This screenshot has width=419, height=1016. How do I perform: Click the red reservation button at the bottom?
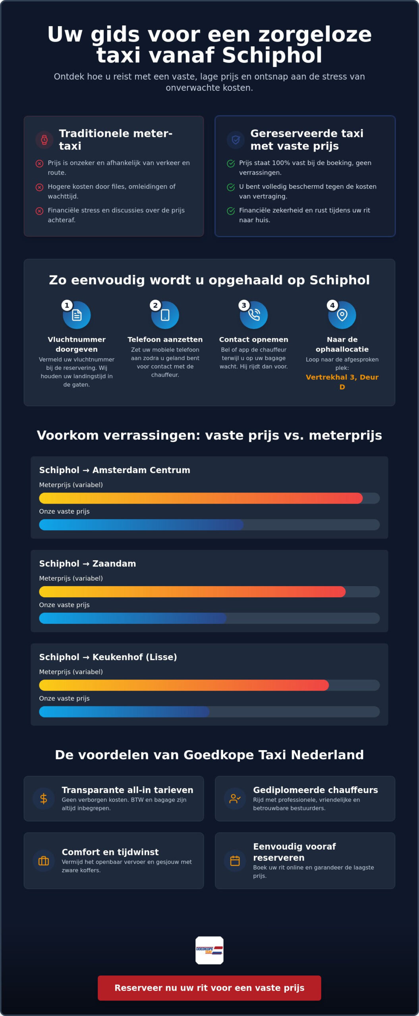coord(209,988)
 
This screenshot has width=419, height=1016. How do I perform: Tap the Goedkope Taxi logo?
coord(209,950)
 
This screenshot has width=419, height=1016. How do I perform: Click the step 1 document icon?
coord(77,315)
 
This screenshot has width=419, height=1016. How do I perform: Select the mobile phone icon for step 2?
coord(165,315)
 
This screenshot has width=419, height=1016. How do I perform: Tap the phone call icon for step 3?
coord(254,315)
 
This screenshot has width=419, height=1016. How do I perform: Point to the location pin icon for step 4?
coord(342,315)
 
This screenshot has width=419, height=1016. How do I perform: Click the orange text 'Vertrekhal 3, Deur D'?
coord(342,382)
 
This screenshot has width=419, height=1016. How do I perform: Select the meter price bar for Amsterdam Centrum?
coord(201,498)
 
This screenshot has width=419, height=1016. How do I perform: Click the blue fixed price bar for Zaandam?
coord(133,618)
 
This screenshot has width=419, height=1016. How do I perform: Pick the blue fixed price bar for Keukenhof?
coord(124,712)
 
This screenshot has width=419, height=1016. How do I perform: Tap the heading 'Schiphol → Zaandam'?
coord(87,564)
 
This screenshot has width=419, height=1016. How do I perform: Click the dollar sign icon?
coord(44,799)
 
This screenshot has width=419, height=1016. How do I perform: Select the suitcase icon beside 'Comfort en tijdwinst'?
coord(44,861)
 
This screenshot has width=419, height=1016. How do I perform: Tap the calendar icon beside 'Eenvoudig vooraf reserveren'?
coord(235,861)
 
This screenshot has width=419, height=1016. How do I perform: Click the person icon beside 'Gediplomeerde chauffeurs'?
coord(235,799)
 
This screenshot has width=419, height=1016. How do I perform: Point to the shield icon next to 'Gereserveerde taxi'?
coord(236,140)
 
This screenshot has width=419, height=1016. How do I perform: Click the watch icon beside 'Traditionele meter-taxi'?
coord(44,140)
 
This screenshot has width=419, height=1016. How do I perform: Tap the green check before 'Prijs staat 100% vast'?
coord(231,164)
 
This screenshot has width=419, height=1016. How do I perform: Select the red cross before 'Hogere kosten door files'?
coord(39,187)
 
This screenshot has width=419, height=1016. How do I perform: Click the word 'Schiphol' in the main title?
coord(272,55)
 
